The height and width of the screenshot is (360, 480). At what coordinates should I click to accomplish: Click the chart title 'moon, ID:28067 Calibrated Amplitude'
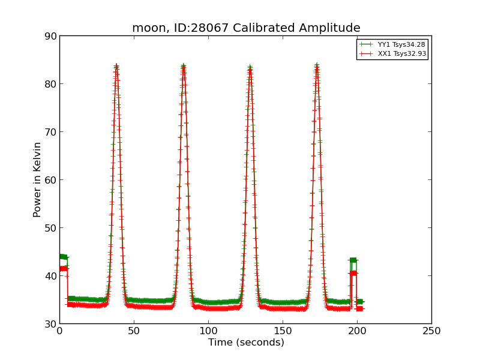pyautogui.click(x=246, y=28)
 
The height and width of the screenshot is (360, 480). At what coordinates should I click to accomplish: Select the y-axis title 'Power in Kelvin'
pyautogui.click(x=37, y=179)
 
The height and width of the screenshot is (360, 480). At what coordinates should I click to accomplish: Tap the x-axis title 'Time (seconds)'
pyautogui.click(x=246, y=343)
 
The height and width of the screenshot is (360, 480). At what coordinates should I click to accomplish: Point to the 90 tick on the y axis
pyautogui.click(x=50, y=36)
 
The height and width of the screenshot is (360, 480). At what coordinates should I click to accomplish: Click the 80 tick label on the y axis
pyautogui.click(x=50, y=84)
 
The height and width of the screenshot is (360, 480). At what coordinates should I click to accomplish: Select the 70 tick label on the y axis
pyautogui.click(x=50, y=132)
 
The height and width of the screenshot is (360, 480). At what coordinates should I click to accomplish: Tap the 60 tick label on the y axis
pyautogui.click(x=50, y=180)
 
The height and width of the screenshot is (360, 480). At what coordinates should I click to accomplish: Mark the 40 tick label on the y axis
pyautogui.click(x=50, y=276)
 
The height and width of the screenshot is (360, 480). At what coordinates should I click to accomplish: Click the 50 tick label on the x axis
pyautogui.click(x=134, y=331)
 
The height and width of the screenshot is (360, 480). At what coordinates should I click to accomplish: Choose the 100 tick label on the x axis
pyautogui.click(x=208, y=331)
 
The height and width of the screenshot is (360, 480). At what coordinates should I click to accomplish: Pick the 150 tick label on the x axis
pyautogui.click(x=283, y=331)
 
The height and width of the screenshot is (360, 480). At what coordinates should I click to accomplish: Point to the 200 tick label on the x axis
pyautogui.click(x=357, y=331)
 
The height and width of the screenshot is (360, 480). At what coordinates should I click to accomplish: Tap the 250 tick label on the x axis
pyautogui.click(x=431, y=331)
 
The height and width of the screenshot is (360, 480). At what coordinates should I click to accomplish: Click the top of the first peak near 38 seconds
pyautogui.click(x=116, y=65)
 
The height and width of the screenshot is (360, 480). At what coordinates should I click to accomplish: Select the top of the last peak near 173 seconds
pyautogui.click(x=317, y=65)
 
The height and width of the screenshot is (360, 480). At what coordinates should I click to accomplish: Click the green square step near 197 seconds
pyautogui.click(x=353, y=260)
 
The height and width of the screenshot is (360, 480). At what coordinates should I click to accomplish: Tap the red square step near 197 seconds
pyautogui.click(x=353, y=274)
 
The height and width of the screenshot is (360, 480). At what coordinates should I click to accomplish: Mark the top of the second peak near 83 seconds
pyautogui.click(x=183, y=65)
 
